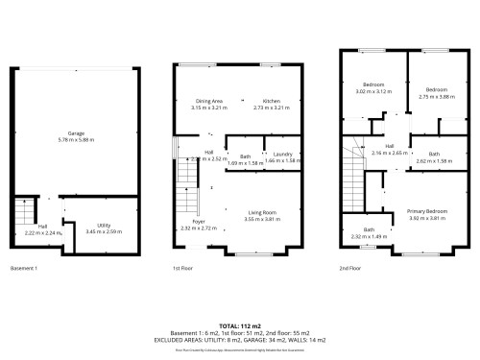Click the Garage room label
76,133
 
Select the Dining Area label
208,101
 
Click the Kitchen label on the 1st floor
271,101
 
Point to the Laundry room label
281,154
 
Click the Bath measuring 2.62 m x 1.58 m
434,154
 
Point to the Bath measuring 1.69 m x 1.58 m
245,156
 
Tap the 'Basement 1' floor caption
23,268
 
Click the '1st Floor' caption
182,268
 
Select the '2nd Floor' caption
350,268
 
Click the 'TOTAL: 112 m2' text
240,326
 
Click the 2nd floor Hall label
390,146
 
